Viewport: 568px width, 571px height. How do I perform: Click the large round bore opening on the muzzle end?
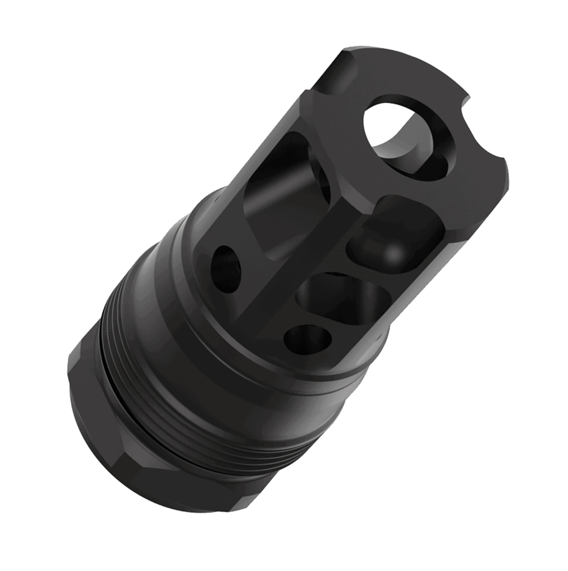(404, 135)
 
